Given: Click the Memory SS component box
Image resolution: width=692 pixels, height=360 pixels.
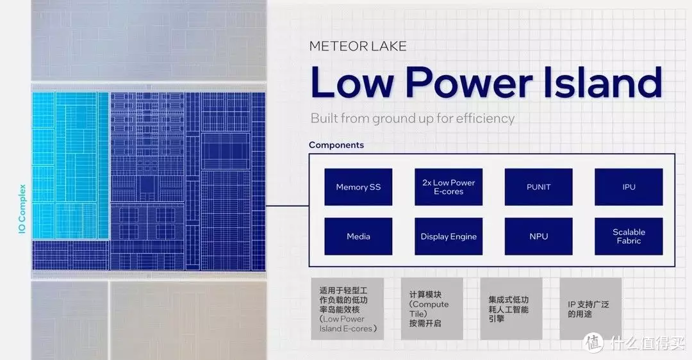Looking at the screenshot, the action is click(x=358, y=186).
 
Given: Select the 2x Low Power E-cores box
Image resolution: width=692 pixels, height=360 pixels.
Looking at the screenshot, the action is click(x=449, y=186).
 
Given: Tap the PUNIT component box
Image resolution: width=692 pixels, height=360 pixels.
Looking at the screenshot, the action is click(x=538, y=186).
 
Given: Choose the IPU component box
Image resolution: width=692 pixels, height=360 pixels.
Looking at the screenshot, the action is click(x=629, y=186).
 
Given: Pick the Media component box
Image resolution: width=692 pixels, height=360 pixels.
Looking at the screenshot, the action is click(x=358, y=236).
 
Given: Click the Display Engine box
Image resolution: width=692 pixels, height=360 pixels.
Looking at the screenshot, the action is click(x=449, y=236).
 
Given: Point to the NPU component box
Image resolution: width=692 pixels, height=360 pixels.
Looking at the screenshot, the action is click(x=538, y=236).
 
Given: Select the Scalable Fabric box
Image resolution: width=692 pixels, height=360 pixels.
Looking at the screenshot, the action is click(x=629, y=236).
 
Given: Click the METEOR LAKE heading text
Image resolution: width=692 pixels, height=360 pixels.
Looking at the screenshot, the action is click(x=358, y=46).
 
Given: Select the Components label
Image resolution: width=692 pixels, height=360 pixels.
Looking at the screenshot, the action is click(x=336, y=145).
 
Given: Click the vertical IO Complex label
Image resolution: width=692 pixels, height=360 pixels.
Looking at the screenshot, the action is click(x=22, y=209).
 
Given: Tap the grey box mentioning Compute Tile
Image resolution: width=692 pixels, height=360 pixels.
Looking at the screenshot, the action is click(x=432, y=308).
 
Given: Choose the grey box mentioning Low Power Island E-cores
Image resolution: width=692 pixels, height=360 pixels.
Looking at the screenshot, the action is click(x=347, y=308).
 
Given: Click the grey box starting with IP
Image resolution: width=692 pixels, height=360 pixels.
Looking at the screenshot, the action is click(x=591, y=308).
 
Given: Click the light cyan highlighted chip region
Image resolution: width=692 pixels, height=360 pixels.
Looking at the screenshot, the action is click(x=70, y=165).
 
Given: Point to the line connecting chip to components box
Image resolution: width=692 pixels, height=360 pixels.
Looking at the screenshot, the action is click(x=287, y=206).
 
